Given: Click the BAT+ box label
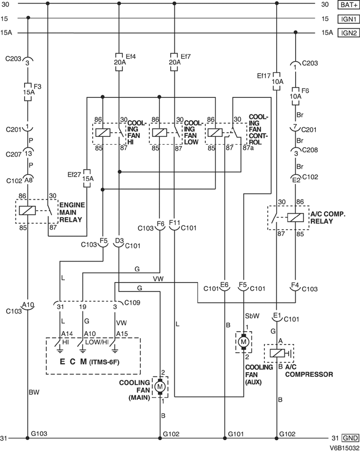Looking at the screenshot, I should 346,5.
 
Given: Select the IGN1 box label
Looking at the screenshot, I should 346,19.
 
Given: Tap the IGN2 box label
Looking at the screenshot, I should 346,32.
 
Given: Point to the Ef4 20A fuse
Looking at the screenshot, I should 119,58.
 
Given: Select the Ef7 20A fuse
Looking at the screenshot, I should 174,58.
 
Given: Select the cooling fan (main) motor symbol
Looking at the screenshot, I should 160,385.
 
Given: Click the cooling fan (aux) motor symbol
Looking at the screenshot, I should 242,341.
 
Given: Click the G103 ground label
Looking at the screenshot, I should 39,433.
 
